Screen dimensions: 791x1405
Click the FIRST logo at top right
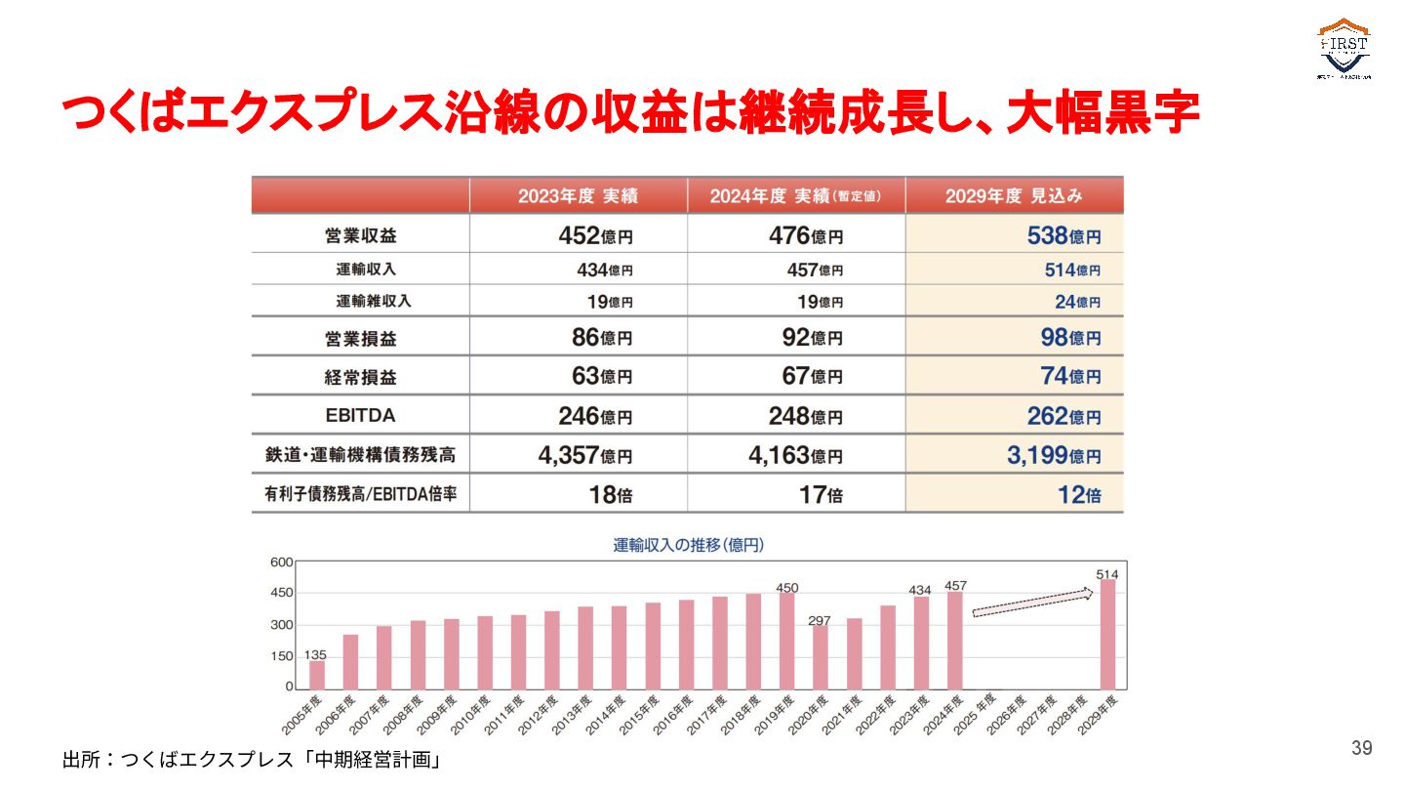tap(1345, 49)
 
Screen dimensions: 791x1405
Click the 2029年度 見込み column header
tap(1014, 195)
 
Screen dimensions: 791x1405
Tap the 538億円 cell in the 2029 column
tap(1064, 235)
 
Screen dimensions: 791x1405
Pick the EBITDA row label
tap(360, 415)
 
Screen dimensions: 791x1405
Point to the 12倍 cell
tap(1079, 494)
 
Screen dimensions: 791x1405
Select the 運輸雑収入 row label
tap(374, 301)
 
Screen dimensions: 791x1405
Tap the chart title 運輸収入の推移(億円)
tap(688, 545)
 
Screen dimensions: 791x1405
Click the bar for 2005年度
tap(316, 675)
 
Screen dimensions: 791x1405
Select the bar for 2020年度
tap(820, 657)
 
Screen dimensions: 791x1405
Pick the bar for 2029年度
tap(1107, 635)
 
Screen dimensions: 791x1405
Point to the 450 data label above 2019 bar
tap(786, 588)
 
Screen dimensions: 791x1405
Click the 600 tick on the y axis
tap(281, 562)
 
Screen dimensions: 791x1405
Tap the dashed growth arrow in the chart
tap(1032, 603)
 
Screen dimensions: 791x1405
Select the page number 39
tap(1361, 748)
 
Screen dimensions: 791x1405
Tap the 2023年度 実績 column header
tap(578, 195)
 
